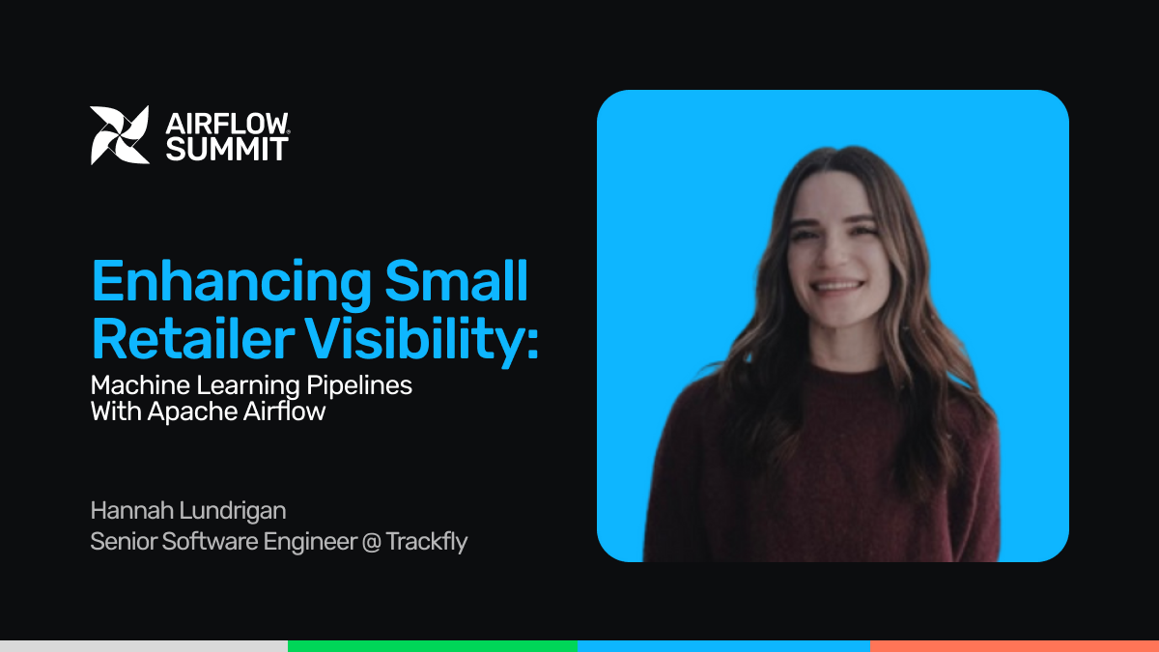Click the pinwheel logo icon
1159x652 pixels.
pos(120,135)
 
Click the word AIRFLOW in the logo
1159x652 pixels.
pos(227,124)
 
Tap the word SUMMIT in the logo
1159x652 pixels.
pos(227,149)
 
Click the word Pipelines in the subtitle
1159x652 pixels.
pos(359,386)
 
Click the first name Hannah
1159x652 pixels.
pos(132,510)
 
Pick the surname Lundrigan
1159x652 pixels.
pos(233,511)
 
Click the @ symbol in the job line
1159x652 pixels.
pos(372,542)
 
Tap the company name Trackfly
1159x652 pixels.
pos(427,542)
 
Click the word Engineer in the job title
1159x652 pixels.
pos(310,543)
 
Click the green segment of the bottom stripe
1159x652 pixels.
pos(433,646)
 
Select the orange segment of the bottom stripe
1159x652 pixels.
pos(1015,646)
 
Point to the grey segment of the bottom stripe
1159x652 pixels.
pos(144,646)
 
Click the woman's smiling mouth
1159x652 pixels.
pos(837,286)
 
